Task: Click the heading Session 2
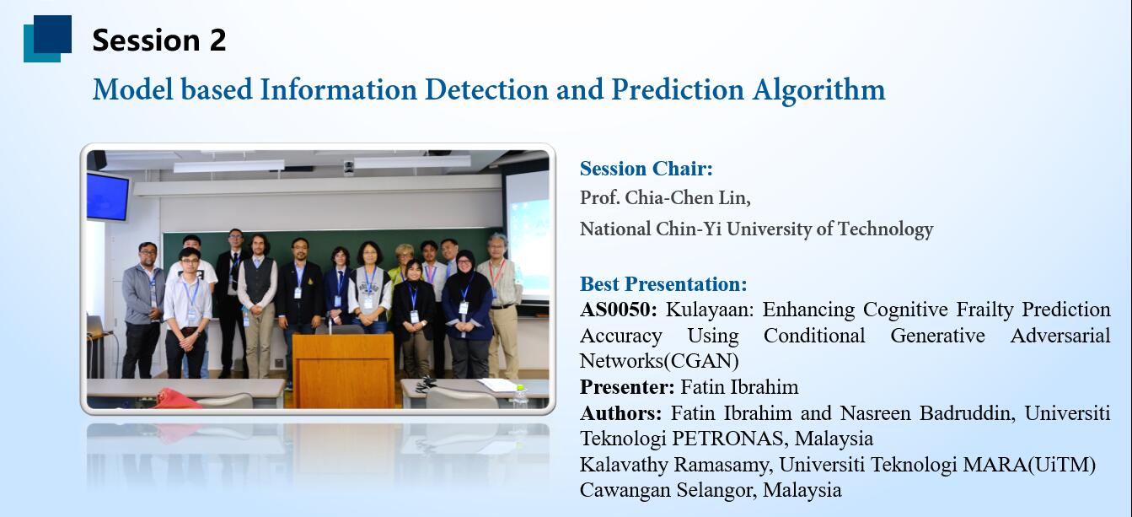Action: click(x=158, y=40)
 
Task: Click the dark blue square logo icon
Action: click(x=47, y=39)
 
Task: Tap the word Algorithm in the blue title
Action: click(x=818, y=90)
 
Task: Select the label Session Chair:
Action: click(x=646, y=169)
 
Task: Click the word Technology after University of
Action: click(x=885, y=229)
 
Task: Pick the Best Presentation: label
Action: click(x=663, y=283)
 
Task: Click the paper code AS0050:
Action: click(x=618, y=309)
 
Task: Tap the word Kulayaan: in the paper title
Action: click(x=709, y=309)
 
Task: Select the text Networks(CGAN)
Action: click(x=659, y=361)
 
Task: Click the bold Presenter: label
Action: click(x=626, y=387)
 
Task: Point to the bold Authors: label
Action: click(x=620, y=413)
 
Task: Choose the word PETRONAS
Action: click(x=730, y=439)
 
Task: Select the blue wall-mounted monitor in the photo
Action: click(x=108, y=196)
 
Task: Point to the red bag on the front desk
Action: click(x=177, y=399)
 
